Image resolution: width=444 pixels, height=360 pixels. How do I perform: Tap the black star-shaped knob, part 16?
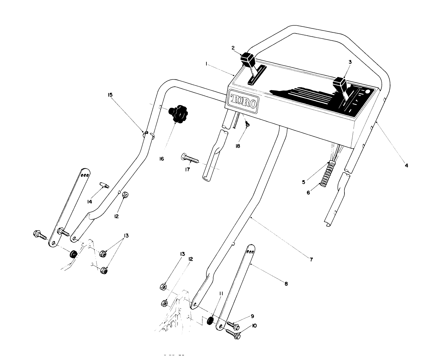coord(178,114)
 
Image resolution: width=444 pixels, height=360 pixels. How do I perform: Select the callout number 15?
coord(110,95)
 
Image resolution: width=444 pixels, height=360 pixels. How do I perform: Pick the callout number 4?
coord(406,165)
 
